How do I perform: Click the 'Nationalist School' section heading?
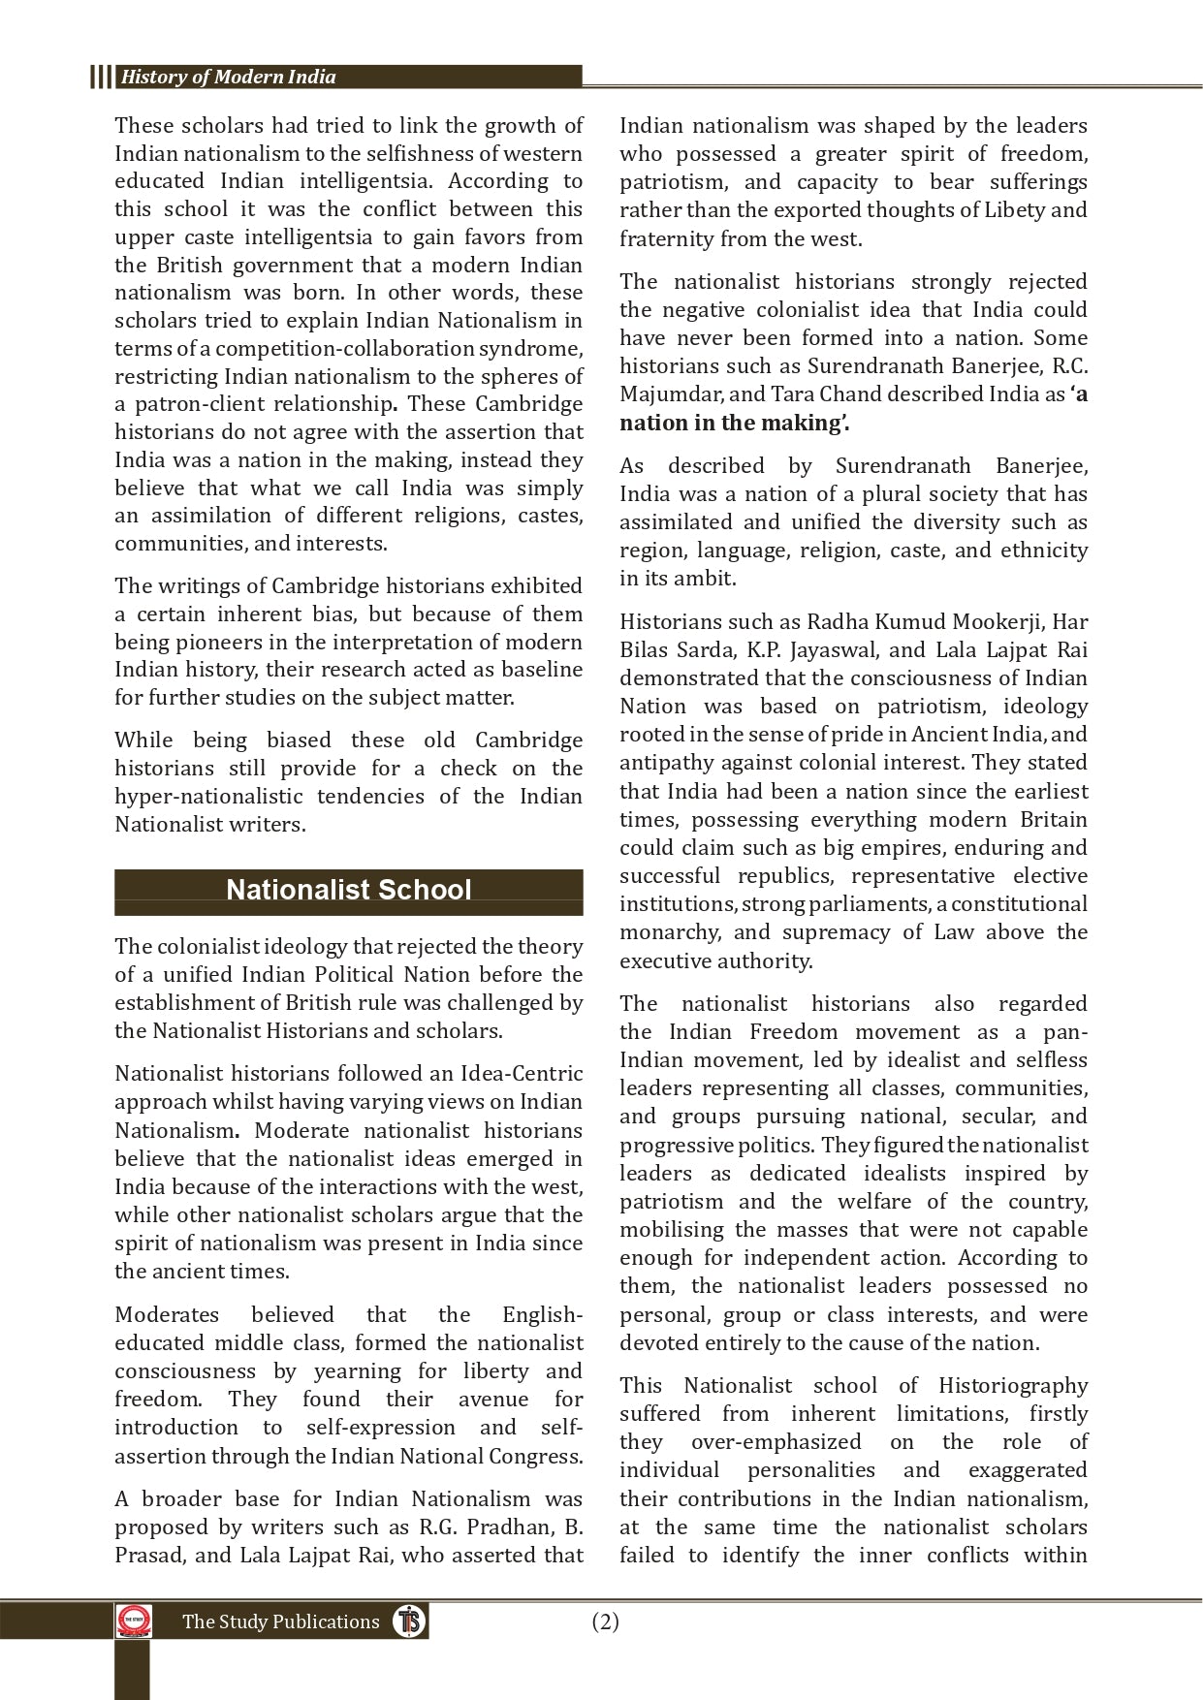tap(348, 891)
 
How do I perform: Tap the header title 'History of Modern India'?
tap(228, 78)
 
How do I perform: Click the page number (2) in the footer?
tap(605, 1621)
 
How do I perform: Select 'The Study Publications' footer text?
tap(280, 1622)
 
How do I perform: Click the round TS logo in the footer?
tap(409, 1621)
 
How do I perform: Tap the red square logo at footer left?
tap(134, 1621)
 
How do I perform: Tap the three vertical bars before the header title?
tap(101, 78)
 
